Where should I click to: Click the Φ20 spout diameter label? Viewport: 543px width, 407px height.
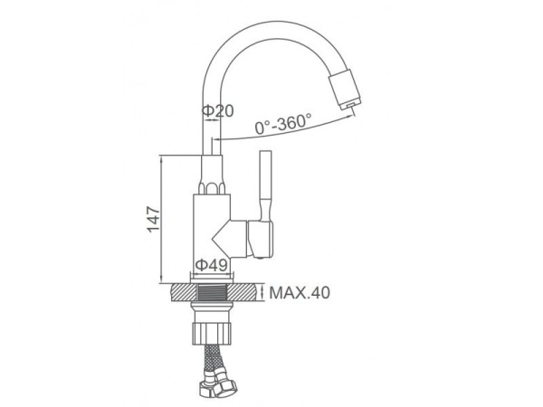point(218,111)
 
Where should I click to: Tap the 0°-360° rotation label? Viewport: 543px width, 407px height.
point(283,124)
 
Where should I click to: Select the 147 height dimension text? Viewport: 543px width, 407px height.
point(154,220)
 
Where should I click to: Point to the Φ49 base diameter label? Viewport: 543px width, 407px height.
point(212,265)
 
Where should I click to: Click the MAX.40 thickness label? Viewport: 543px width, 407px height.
point(300,293)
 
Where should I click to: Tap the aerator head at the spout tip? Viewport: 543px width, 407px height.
point(345,90)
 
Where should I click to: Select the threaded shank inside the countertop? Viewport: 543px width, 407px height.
point(212,292)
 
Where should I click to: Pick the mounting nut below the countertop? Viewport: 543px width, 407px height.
point(212,334)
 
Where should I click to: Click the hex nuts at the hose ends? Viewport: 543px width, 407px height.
point(218,387)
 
